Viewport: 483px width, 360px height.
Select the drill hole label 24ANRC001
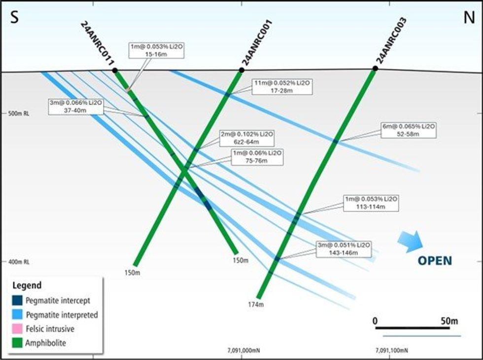click(x=256, y=43)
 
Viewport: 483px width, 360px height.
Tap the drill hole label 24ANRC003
click(x=391, y=40)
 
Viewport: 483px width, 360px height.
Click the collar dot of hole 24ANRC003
click(x=375, y=69)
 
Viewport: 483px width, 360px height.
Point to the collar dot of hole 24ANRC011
click(x=115, y=71)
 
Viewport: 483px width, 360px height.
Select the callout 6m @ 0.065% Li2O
click(x=409, y=130)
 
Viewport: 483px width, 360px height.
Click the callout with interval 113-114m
click(x=371, y=203)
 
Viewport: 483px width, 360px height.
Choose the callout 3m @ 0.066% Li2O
click(x=76, y=106)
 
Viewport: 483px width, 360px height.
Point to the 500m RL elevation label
click(x=19, y=113)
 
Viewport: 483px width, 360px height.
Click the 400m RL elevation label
click(x=19, y=261)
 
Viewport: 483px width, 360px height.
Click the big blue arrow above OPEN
click(x=410, y=242)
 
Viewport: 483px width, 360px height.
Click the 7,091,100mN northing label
click(x=391, y=351)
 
